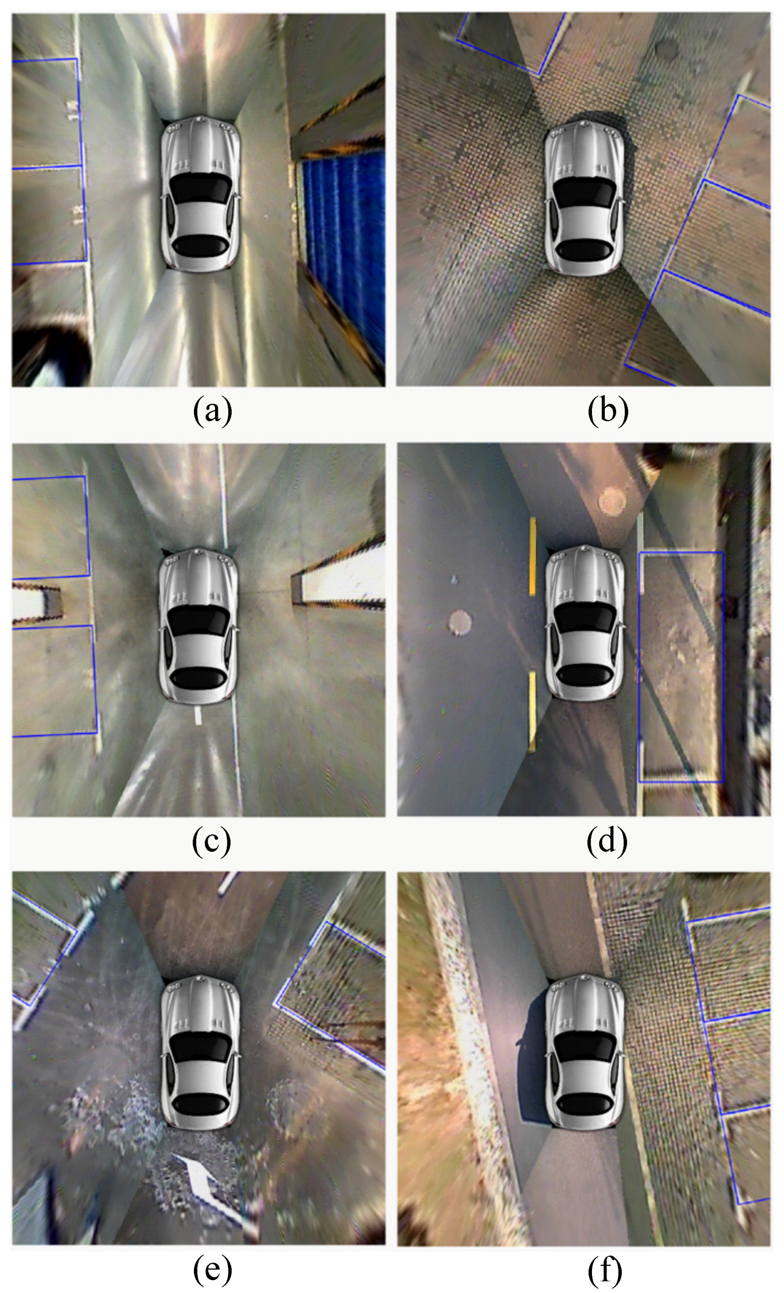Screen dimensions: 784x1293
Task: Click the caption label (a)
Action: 213,412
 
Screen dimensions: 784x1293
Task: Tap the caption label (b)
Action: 608,412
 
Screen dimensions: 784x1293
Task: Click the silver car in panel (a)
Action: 200,192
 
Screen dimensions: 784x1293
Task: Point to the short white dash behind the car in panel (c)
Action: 198,715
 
